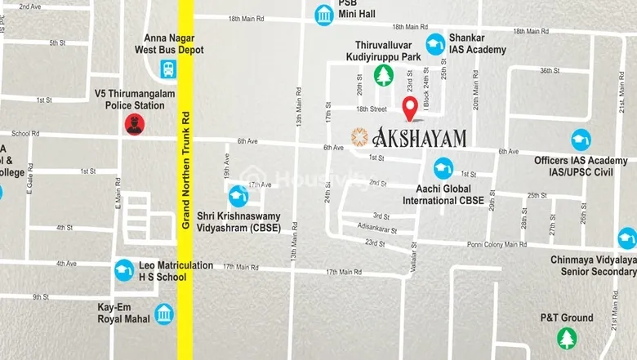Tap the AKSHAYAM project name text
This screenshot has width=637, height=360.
419,137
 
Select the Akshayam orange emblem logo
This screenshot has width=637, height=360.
358,136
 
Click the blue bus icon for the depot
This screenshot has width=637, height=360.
168,68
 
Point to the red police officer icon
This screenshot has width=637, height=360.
134,123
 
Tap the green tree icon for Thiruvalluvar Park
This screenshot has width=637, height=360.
382,76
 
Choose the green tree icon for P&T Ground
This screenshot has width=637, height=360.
566,337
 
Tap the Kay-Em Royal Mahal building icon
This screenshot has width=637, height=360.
163,313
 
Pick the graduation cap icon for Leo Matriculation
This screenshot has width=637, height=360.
123,270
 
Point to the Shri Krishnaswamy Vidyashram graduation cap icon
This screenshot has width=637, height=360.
238,196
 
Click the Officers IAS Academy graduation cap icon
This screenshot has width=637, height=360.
581,140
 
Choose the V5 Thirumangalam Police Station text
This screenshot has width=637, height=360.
133,100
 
